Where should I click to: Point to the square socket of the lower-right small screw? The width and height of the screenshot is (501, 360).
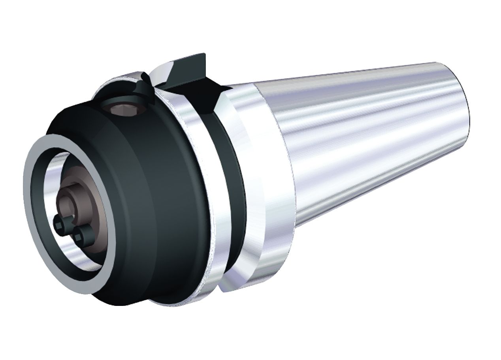(x=80, y=237)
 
